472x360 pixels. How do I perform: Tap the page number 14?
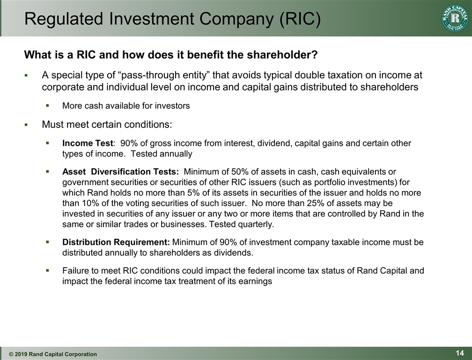point(459,353)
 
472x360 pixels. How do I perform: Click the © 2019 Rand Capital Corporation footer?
point(53,354)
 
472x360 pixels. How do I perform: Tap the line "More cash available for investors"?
point(126,106)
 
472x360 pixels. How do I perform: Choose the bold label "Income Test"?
point(88,143)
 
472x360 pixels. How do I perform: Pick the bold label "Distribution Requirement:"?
point(116,242)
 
